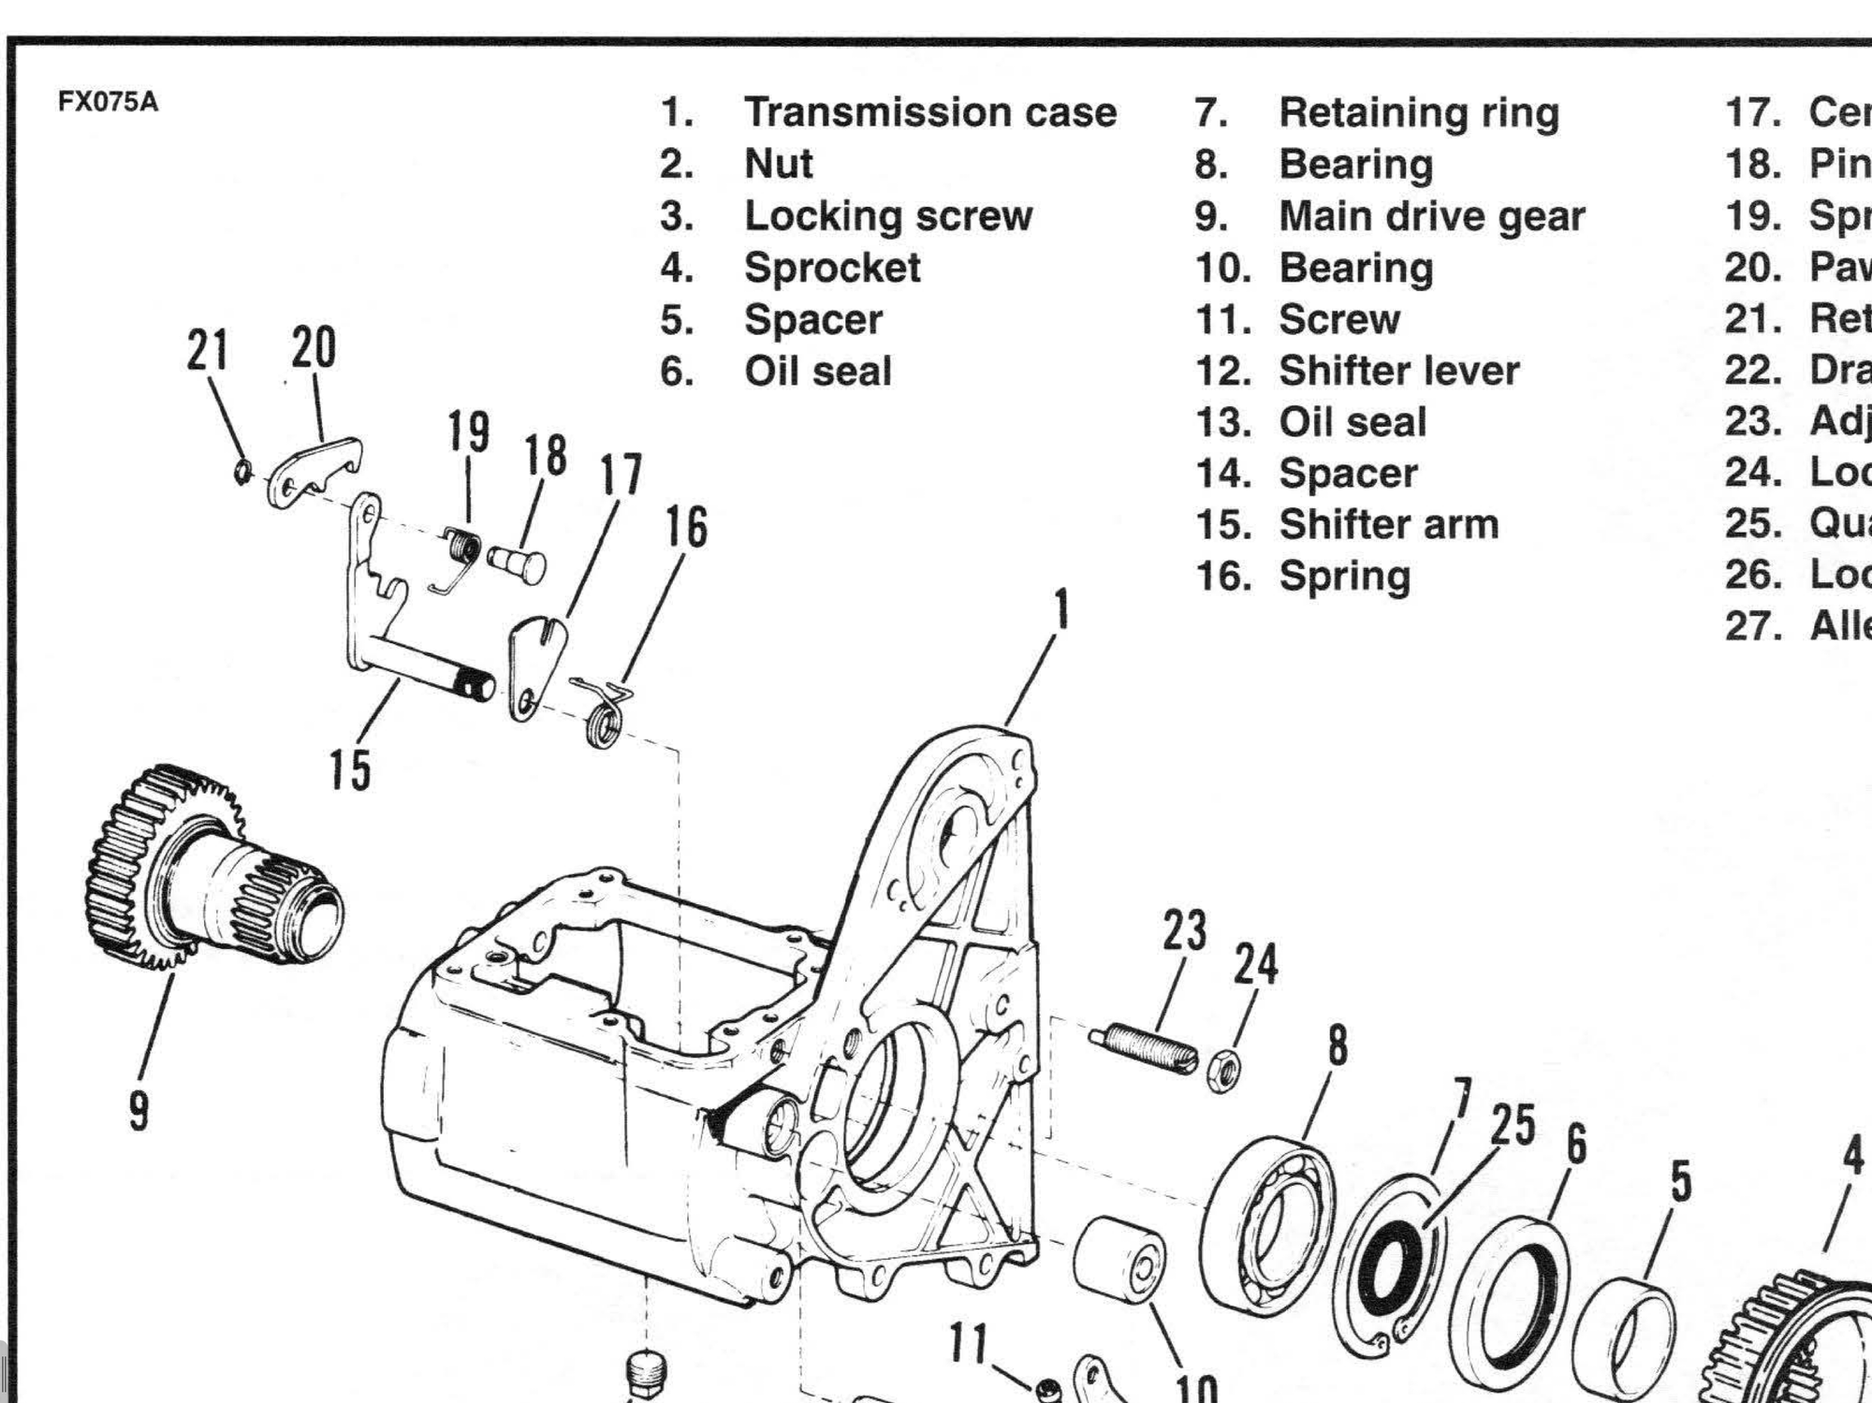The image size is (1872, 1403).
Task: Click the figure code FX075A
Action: tap(108, 102)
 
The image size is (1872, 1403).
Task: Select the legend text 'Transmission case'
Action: tap(929, 112)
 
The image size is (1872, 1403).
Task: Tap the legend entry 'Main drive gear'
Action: tap(1431, 216)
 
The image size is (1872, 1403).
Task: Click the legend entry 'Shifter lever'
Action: tap(1398, 371)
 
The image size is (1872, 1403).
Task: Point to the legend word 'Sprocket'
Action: tap(832, 269)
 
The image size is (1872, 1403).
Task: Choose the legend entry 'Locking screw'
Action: tap(887, 216)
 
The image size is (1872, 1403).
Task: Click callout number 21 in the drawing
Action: tap(208, 350)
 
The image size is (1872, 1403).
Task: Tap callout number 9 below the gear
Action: tap(139, 1111)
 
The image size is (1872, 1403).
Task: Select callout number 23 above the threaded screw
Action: tap(1185, 931)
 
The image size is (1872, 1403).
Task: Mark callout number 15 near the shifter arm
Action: tap(349, 770)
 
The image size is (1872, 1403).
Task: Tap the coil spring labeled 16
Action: tap(602, 715)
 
